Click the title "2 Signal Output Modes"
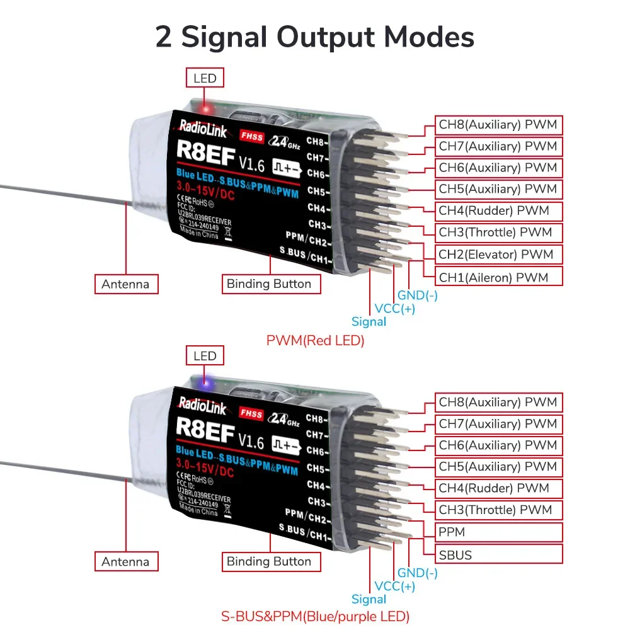[314, 37]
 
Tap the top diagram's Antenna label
[125, 284]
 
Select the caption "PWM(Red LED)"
[315, 341]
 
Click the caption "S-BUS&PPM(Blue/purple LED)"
[315, 616]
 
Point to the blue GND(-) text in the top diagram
[417, 295]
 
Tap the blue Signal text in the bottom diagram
[369, 599]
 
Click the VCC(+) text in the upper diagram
[395, 309]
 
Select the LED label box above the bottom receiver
[205, 356]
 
